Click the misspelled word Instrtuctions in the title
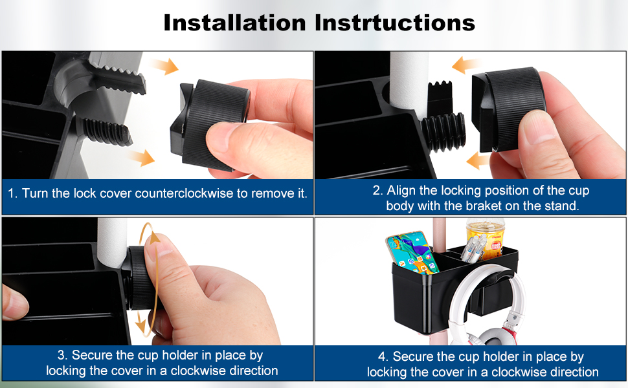pos(394,23)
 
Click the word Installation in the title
pos(235,23)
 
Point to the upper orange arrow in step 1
pos(165,66)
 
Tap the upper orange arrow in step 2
pos(465,65)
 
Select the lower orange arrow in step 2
pos(478,161)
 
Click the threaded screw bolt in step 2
pos(443,132)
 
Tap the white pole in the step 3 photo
pos(112,242)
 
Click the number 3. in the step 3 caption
pos(63,355)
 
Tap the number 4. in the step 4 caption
pos(383,356)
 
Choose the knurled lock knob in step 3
pos(140,278)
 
